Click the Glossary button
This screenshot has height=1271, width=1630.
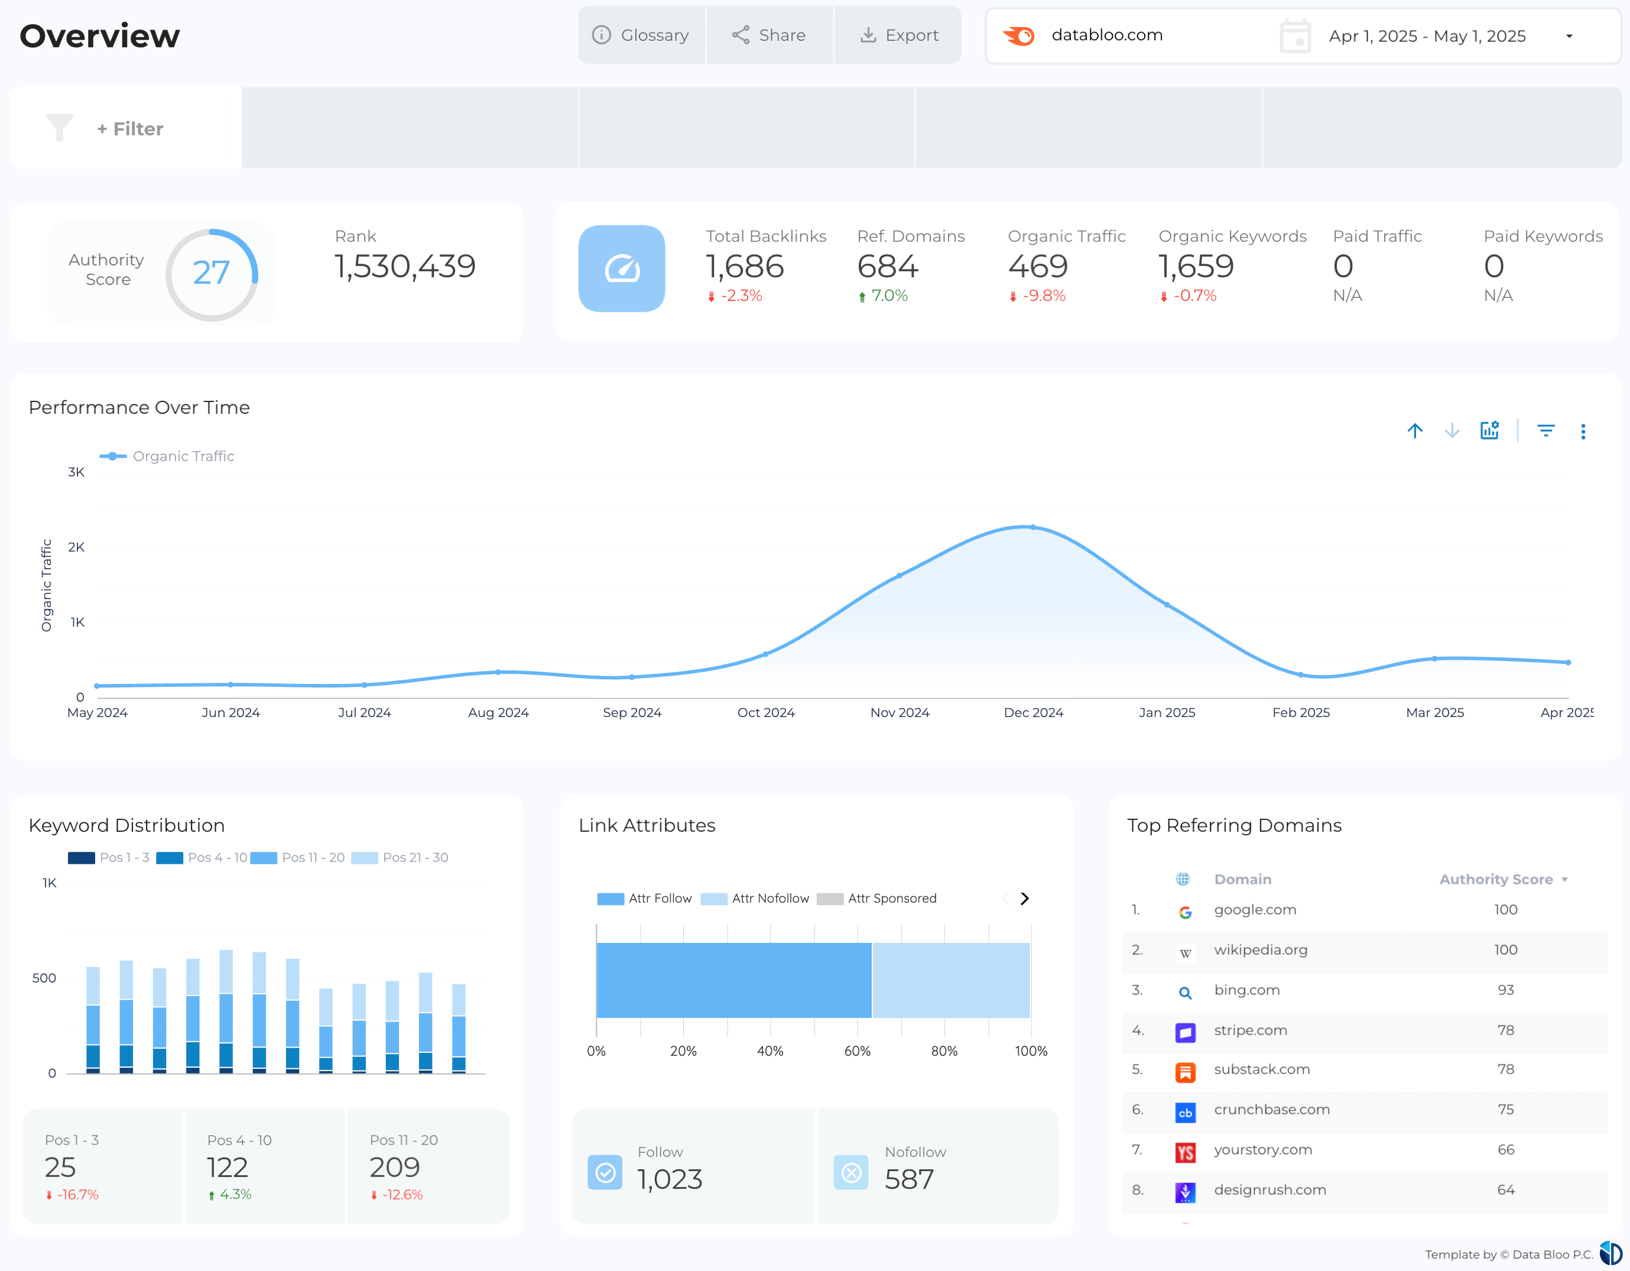641,35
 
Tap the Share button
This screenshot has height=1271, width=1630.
769,35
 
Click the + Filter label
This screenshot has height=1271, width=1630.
130,129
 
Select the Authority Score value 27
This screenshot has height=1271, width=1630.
211,273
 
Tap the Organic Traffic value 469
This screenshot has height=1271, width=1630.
1037,267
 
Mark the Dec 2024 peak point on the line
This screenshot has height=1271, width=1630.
1033,527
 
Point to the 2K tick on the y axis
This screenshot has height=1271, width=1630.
76,547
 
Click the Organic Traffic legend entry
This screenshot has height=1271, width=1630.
182,456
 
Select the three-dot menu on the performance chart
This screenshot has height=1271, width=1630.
1583,432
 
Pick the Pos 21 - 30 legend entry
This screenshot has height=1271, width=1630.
414,858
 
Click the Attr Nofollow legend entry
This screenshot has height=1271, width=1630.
769,899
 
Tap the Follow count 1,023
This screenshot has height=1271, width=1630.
670,1179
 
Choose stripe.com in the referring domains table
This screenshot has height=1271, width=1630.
1250,1030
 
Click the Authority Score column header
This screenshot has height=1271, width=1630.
1496,879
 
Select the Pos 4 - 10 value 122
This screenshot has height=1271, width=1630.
227,1168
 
